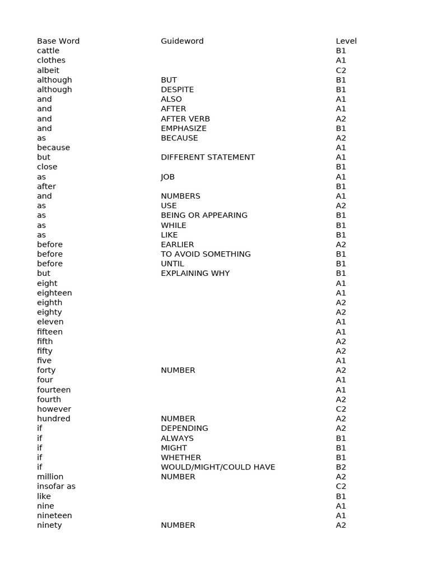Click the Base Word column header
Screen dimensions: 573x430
coord(58,41)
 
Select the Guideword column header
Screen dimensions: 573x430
coord(182,41)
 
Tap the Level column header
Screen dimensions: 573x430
coord(346,41)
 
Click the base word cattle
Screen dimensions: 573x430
coord(48,50)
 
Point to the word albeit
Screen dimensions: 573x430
coord(48,70)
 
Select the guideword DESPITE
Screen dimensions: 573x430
coord(177,90)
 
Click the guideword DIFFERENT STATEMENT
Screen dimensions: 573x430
coord(208,157)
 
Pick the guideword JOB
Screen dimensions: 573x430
coord(168,177)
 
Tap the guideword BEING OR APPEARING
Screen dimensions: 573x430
coord(204,215)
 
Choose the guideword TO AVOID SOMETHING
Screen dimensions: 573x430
coord(205,254)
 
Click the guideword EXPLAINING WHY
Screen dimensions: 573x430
coord(195,273)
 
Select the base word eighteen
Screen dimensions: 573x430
coord(54,293)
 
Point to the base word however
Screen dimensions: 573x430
coord(54,409)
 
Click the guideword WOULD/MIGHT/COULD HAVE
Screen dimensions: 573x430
coord(218,467)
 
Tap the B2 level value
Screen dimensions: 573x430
coord(341,467)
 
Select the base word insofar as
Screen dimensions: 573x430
coord(56,486)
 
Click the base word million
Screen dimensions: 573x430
coord(50,477)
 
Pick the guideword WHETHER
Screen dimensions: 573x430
coord(181,457)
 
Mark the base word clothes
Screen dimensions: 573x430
coord(51,60)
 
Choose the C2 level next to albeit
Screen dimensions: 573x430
coord(341,70)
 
